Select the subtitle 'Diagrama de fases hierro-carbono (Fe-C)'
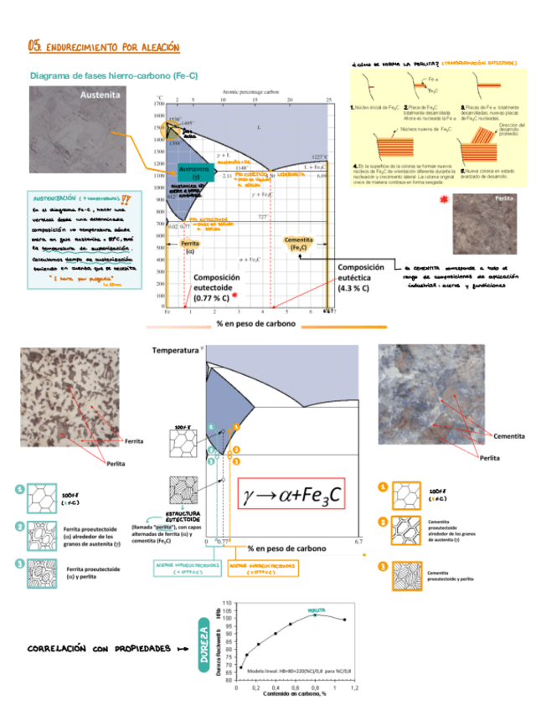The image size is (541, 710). tap(113, 75)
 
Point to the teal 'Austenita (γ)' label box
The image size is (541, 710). tap(193, 172)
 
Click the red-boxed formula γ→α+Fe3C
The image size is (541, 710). tap(292, 496)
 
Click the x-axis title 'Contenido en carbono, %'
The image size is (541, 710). tap(291, 694)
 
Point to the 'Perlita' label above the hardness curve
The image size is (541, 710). tap(317, 610)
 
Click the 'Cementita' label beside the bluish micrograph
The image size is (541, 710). tap(508, 437)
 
